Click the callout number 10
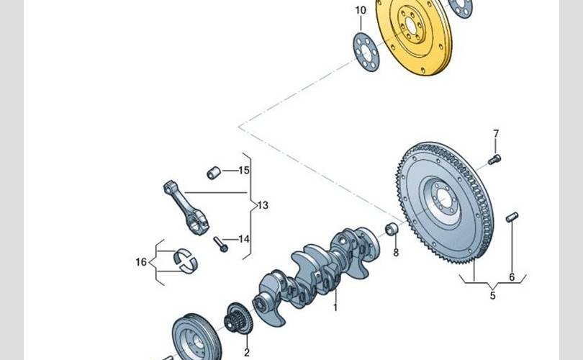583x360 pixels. pyautogui.click(x=361, y=10)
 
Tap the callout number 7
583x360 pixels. pyautogui.click(x=496, y=133)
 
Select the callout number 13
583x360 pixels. pyautogui.click(x=263, y=205)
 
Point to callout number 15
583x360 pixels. pyautogui.click(x=244, y=171)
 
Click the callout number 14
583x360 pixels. pyautogui.click(x=244, y=239)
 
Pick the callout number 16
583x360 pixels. pyautogui.click(x=141, y=262)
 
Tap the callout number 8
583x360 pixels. pyautogui.click(x=396, y=253)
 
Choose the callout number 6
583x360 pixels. pyautogui.click(x=512, y=277)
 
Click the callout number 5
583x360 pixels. pyautogui.click(x=492, y=296)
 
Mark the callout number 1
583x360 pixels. pyautogui.click(x=335, y=307)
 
